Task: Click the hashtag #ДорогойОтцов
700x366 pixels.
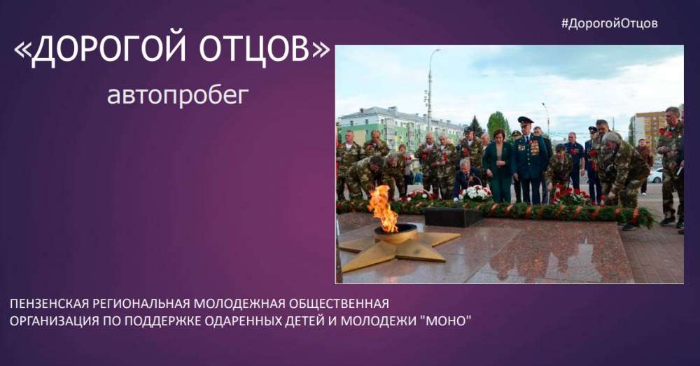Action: pyautogui.click(x=610, y=23)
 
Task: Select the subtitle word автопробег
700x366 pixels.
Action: pyautogui.click(x=178, y=94)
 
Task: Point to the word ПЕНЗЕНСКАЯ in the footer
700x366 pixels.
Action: pyautogui.click(x=49, y=304)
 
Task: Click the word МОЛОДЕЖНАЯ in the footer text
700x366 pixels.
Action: pyautogui.click(x=241, y=304)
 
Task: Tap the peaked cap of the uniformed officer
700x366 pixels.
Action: pyautogui.click(x=526, y=120)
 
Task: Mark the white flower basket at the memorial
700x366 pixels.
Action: pyautogui.click(x=475, y=193)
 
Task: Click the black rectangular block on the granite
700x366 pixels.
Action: pyautogui.click(x=453, y=218)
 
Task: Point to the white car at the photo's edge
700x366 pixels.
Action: pyautogui.click(x=655, y=176)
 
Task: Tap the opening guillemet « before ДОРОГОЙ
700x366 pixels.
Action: pyautogui.click(x=22, y=50)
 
